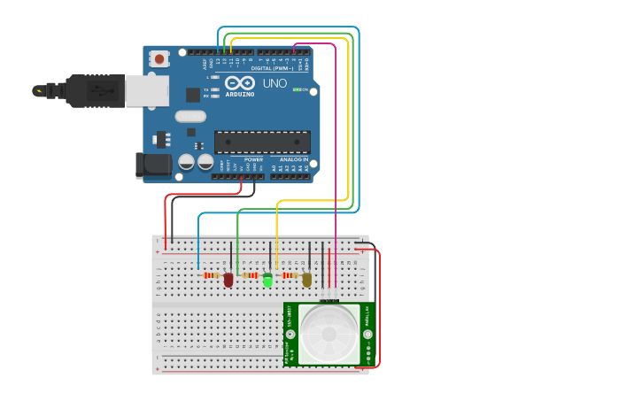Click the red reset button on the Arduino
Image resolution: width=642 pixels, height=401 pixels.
point(159,59)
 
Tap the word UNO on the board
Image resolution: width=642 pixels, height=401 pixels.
point(275,83)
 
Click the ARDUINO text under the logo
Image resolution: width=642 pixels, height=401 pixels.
point(239,94)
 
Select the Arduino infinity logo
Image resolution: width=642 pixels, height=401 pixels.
point(239,82)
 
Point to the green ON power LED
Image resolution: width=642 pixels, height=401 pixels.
point(297,89)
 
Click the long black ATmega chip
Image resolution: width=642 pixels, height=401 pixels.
point(262,142)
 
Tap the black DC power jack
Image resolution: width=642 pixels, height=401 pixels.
point(152,165)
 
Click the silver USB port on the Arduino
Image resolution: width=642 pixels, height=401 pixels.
point(146,90)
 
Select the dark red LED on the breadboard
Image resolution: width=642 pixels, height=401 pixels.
point(228,280)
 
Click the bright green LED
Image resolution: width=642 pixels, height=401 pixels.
point(267,281)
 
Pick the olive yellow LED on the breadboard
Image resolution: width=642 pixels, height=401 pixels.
point(306,280)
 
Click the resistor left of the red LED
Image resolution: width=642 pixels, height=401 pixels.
point(211,275)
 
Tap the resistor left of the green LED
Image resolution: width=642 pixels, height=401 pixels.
point(251,275)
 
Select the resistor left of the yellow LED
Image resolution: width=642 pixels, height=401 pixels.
point(289,275)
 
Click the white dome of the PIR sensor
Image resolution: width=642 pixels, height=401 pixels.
point(329,333)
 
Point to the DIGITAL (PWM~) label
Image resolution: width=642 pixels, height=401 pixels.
point(272,68)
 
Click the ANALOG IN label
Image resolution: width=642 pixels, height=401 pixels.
point(294,159)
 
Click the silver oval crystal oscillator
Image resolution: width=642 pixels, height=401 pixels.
point(190,116)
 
